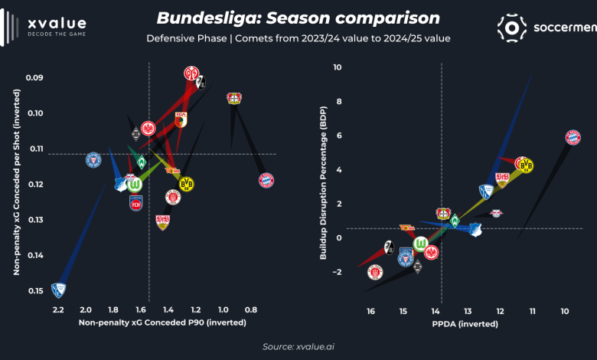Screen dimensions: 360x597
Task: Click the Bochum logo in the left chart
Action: pos(57,290)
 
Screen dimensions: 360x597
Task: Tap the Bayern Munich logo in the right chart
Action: pos(573,138)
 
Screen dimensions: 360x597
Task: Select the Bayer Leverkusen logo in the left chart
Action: pos(234,98)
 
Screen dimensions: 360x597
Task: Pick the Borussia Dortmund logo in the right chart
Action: pos(525,165)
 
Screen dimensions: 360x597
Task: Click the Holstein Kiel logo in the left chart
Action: pos(93,159)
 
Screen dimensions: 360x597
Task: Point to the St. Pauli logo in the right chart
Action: pos(374,272)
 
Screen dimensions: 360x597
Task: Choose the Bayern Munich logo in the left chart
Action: pos(266,181)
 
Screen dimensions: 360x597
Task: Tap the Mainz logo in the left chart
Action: pos(192,74)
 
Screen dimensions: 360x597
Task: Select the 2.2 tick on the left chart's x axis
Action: pos(58,309)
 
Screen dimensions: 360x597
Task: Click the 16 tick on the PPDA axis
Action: pos(371,312)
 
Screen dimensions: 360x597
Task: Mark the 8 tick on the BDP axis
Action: pos(336,102)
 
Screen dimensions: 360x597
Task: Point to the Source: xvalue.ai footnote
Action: pos(298,347)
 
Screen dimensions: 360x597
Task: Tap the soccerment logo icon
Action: pos(512,27)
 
